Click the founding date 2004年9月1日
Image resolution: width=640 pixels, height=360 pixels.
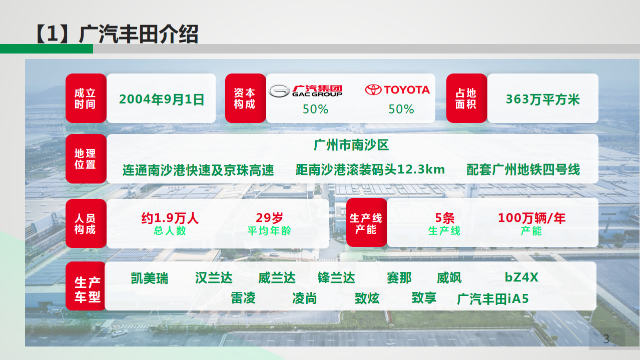pos(162,99)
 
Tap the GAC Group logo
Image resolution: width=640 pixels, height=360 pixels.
pos(305,91)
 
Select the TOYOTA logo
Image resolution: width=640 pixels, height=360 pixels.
pos(397,90)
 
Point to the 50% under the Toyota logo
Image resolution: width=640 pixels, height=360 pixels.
pos(401,109)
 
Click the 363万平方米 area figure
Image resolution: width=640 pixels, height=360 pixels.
pos(543,99)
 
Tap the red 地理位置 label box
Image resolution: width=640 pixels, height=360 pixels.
pos(86,158)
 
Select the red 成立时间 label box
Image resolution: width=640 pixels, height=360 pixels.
pos(86,98)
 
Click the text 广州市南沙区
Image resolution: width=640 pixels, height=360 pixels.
pos(351,145)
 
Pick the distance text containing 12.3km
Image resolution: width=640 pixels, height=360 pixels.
pos(370,169)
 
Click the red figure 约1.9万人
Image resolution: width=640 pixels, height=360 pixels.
pos(170,218)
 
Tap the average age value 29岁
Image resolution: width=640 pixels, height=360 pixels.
pos(269,218)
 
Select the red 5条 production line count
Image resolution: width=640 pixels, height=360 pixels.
pos(444,218)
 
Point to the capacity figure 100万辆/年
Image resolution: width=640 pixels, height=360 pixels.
pos(532,218)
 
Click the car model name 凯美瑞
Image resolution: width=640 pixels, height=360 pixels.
pos(150,278)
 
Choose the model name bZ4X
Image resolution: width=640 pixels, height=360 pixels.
pos(521,277)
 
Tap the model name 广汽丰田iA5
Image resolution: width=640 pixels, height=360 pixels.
pos(493,299)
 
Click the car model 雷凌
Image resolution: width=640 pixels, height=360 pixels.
pos(243,298)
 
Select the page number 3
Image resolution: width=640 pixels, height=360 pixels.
pos(606,339)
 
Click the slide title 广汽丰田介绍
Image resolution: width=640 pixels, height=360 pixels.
pos(139,34)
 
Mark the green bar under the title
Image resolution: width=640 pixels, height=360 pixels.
pos(47,49)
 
